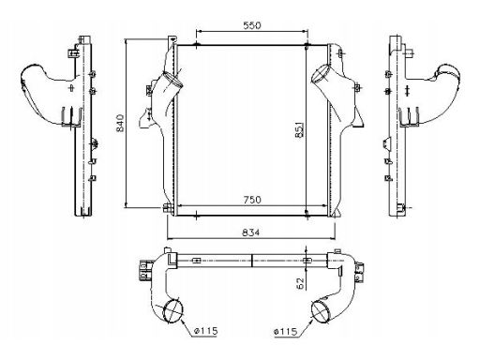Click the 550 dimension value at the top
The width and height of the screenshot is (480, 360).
tap(252, 25)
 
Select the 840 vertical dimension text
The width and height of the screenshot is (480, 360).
tap(120, 123)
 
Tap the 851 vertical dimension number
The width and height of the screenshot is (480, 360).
tap(299, 130)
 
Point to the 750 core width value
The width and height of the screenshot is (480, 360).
tap(252, 200)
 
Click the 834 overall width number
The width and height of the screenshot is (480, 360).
tap(251, 232)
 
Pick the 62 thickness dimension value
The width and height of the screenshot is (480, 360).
tap(300, 283)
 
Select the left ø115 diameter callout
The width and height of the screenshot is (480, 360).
tap(205, 331)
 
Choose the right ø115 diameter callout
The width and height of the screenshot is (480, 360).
tap(285, 331)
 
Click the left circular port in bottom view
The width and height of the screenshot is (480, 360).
tap(173, 310)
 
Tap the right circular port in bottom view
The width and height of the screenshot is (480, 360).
tap(322, 311)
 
